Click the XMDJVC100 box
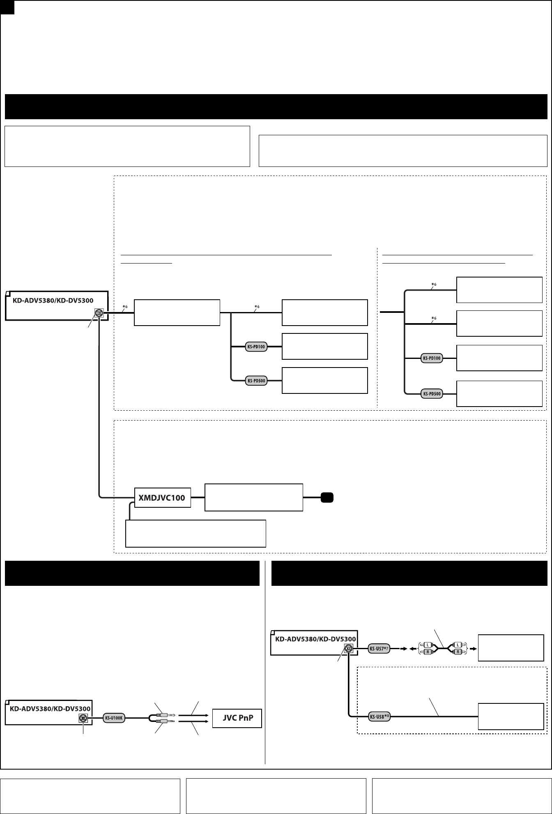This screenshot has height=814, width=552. point(163,498)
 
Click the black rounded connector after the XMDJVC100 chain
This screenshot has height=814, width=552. point(327,497)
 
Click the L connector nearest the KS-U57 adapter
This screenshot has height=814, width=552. point(427,645)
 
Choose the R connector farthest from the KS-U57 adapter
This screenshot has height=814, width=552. point(457,652)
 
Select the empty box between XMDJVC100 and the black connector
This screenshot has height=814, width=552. point(253,497)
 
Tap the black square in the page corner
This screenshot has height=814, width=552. point(7,7)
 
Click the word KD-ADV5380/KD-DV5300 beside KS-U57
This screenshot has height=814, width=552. point(315,639)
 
